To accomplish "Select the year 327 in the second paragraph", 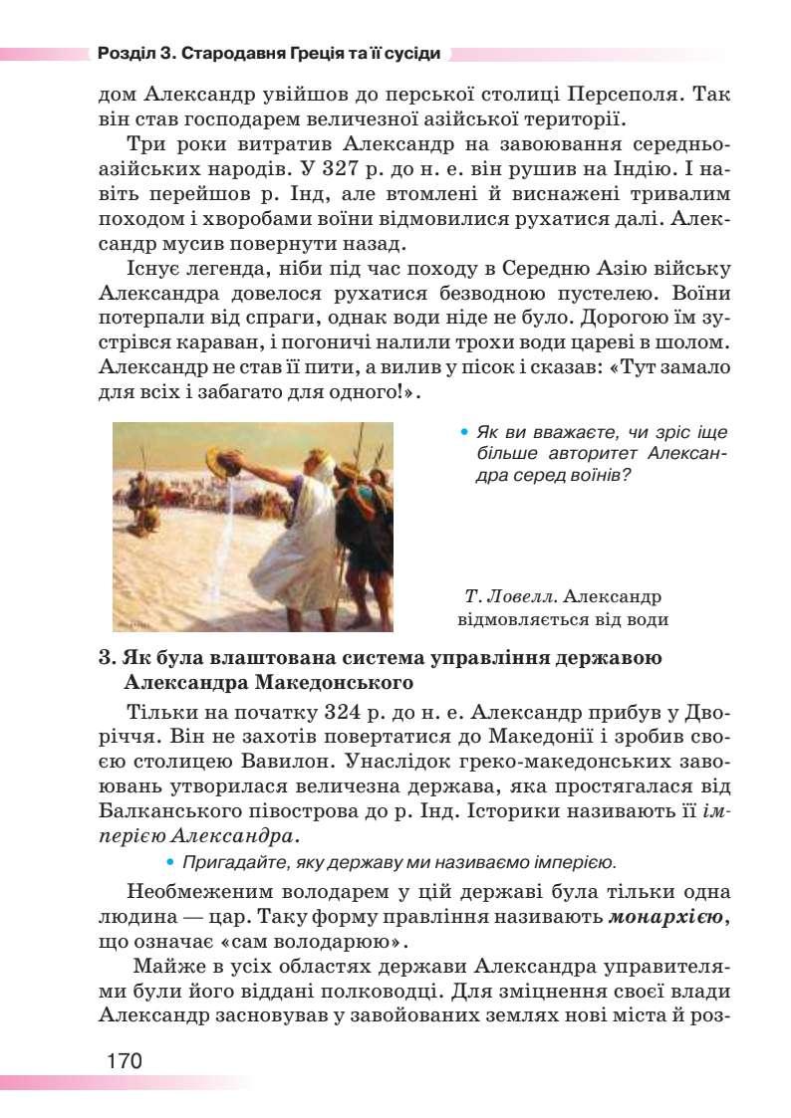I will coord(345,167).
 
